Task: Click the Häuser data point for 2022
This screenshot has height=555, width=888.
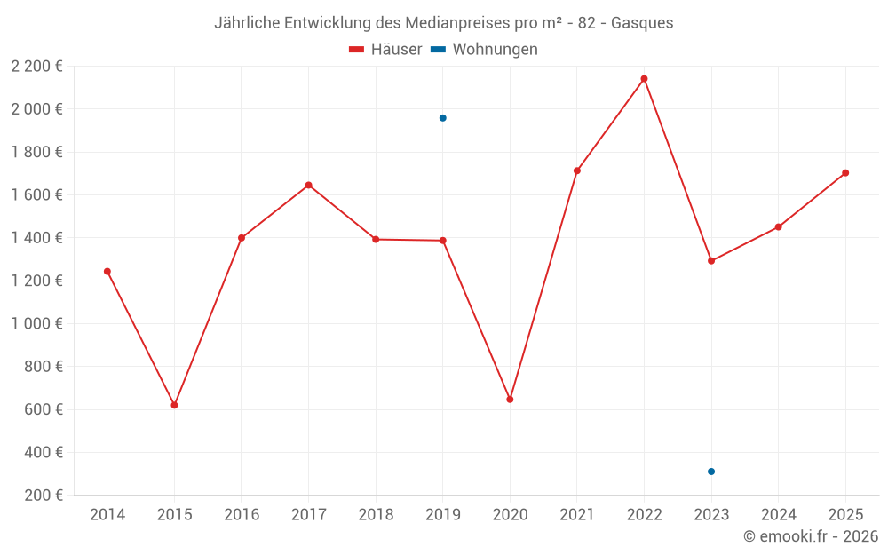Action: coord(644,79)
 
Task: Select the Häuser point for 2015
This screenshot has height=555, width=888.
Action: coord(174,405)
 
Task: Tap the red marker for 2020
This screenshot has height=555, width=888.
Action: coord(510,400)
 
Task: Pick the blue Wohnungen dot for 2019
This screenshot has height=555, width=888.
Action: coord(442,118)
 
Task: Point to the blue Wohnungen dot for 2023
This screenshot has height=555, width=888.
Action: coord(711,472)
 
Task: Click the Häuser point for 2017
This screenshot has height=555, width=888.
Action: coord(308,185)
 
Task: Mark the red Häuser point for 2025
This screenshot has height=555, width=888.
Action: coord(845,173)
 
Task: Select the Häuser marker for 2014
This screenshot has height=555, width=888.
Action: coord(107,272)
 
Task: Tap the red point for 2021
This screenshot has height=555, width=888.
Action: coord(577,170)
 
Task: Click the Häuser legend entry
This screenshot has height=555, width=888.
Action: coord(386,50)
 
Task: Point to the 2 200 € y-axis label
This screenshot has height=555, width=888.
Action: coord(36,66)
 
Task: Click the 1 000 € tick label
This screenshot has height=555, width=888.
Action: coord(36,323)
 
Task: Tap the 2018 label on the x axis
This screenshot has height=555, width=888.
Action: coord(376,514)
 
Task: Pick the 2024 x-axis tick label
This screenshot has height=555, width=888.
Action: coord(778,514)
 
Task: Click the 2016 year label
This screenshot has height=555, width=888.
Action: coord(242,514)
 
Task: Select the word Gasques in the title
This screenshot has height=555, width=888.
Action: coord(642,23)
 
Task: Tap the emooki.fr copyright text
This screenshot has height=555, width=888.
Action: coord(811,536)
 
